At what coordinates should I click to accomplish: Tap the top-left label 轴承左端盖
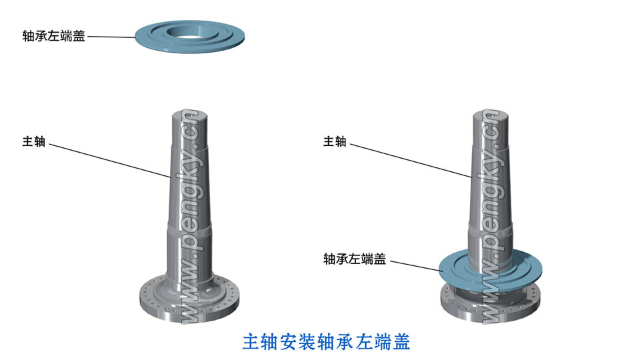[x=53, y=37]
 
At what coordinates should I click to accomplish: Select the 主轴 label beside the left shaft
[x=34, y=141]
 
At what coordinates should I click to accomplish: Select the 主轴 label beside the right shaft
[x=334, y=141]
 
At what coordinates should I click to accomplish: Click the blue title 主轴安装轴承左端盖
[x=326, y=341]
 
